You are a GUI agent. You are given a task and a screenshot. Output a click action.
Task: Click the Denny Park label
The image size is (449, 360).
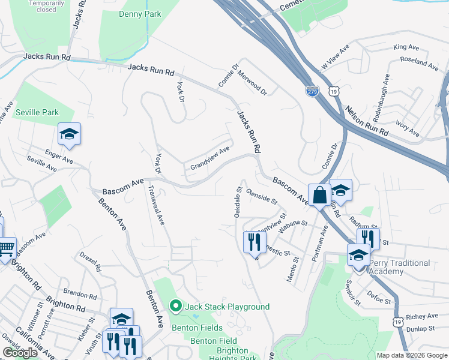(140, 14)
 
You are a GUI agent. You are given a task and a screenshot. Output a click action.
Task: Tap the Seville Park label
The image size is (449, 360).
(37, 112)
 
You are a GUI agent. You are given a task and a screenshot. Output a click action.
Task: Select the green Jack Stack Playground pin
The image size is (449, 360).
(176, 307)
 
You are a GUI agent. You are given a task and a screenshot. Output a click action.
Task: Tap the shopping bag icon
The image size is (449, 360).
(319, 194)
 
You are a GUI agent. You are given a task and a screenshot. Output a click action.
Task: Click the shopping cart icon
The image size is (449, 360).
(6, 247)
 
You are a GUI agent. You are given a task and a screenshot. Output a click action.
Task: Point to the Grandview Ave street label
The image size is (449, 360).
(210, 158)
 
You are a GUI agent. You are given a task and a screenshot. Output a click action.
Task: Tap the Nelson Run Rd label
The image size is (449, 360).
(367, 121)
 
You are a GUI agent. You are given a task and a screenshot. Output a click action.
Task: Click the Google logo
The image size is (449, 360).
(20, 353)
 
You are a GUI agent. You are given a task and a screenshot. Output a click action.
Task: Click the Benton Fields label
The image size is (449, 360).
(193, 328)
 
